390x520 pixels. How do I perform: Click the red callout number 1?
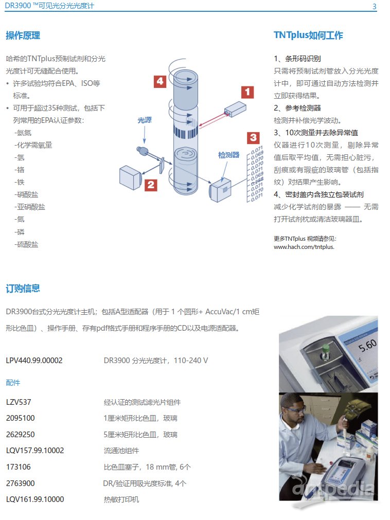(247, 92)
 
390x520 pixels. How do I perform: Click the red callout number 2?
(151, 185)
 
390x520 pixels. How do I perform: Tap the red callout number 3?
(253, 138)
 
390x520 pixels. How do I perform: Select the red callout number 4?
(160, 81)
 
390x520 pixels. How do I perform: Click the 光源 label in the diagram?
(145, 120)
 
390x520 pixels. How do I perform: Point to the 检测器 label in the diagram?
(228, 155)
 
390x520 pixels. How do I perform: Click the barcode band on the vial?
(186, 133)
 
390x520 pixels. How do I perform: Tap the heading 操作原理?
(23, 35)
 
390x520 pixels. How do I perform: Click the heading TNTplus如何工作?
(308, 35)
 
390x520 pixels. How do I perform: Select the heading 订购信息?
(23, 288)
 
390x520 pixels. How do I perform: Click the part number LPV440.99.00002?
(34, 361)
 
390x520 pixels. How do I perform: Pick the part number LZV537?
(19, 402)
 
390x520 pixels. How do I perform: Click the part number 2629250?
(20, 435)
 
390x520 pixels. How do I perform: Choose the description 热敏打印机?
(121, 499)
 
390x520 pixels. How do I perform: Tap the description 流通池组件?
(121, 451)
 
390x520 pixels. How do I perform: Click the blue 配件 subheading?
(13, 383)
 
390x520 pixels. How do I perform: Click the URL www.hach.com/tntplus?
(304, 247)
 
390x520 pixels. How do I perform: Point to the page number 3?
(375, 6)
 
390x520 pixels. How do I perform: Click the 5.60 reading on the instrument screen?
(367, 345)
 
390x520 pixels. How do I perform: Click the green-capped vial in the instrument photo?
(325, 352)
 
